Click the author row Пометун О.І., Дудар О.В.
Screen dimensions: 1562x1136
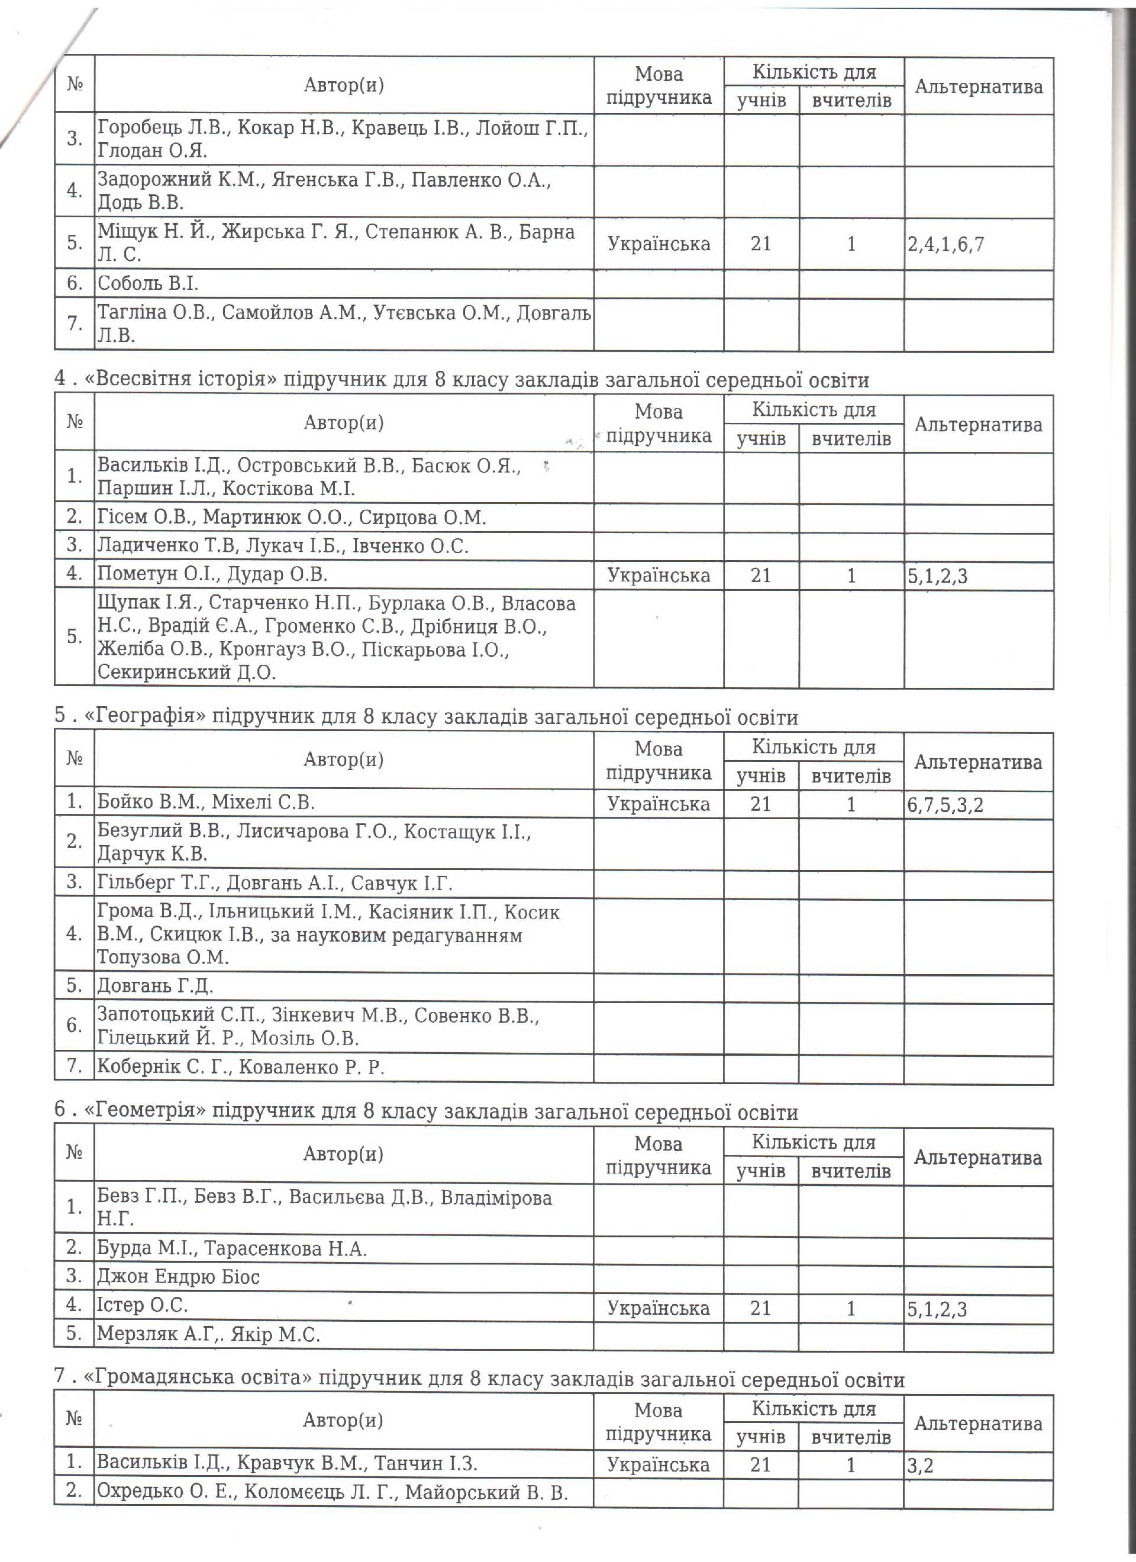tap(212, 574)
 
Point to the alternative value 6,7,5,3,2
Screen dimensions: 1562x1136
tap(944, 804)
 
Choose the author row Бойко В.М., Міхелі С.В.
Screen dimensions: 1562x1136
tap(205, 801)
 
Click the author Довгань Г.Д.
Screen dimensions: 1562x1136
tap(155, 985)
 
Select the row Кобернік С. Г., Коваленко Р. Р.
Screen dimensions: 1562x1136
tap(240, 1067)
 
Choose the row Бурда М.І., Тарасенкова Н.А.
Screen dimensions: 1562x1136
tap(231, 1248)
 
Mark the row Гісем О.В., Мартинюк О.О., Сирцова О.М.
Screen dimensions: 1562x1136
tap(292, 518)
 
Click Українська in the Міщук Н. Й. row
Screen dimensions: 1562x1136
tap(658, 244)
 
